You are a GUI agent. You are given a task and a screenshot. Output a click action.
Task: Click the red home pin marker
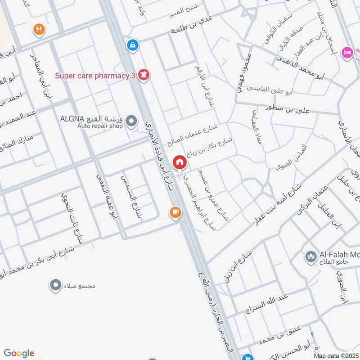(x=179, y=162)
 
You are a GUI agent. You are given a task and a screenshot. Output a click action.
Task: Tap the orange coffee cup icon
(x=175, y=212)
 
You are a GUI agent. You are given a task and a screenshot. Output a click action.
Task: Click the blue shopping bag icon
(x=132, y=45)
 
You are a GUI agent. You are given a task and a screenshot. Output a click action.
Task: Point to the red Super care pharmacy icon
(x=144, y=74)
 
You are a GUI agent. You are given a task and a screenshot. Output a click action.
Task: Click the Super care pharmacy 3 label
(x=95, y=76)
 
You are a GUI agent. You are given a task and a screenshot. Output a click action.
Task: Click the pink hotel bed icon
(x=346, y=53)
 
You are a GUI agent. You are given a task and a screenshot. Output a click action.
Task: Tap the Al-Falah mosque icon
(x=311, y=257)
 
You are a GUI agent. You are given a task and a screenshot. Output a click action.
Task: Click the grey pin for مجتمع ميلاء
(x=55, y=285)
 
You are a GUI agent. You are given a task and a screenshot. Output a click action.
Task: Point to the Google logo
(x=19, y=353)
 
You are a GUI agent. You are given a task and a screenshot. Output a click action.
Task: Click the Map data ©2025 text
(x=335, y=355)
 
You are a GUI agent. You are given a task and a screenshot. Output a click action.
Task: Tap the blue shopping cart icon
(x=247, y=357)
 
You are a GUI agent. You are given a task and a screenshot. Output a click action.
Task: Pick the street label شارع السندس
(x=131, y=197)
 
